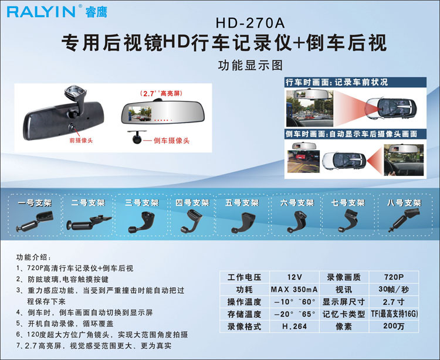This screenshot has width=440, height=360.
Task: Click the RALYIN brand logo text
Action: point(41,12)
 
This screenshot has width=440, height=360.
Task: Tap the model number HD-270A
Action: point(251,23)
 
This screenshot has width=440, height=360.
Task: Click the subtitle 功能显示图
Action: point(251,65)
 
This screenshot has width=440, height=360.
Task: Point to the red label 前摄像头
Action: point(81,141)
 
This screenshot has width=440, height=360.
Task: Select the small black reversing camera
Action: point(137,137)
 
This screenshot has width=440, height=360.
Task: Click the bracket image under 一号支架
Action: point(35,220)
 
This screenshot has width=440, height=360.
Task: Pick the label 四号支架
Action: point(192,202)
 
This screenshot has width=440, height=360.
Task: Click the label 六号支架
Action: point(297,202)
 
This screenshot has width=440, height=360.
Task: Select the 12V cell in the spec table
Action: point(295,277)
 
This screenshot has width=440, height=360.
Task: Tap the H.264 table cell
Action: point(295,327)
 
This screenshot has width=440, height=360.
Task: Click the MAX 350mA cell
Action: point(295,290)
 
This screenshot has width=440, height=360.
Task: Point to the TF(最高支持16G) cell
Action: point(394,314)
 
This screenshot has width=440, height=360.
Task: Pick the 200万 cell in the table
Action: point(394,327)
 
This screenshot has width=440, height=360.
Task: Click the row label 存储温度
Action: point(245,314)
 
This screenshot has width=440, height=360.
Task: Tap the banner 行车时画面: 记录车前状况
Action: point(337,82)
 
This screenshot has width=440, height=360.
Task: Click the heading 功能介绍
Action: point(33,257)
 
